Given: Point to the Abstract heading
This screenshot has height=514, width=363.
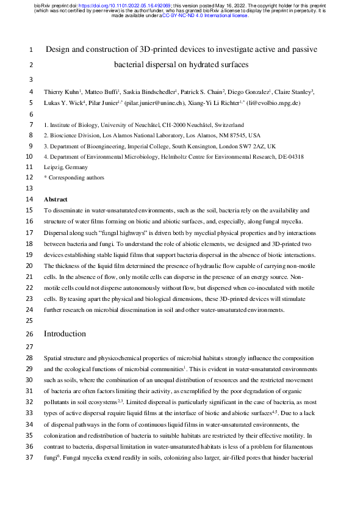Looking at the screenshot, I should click(x=56, y=199).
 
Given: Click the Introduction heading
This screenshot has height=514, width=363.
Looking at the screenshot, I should click(x=65, y=334).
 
